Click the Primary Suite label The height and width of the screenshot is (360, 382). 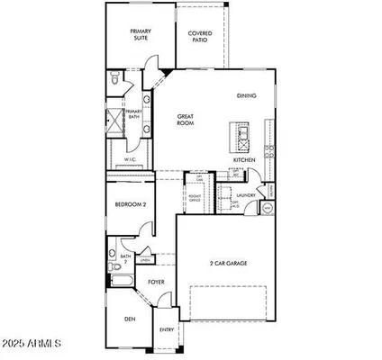point(140,34)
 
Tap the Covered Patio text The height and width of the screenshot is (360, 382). point(200,36)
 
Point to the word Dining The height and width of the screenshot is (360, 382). point(246,94)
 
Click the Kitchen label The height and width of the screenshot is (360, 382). point(245,159)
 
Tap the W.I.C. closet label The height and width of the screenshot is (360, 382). point(129,160)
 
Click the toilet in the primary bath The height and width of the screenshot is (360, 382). point(113,82)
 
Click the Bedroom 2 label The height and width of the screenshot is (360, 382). point(130,205)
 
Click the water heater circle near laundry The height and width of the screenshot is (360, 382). point(267,209)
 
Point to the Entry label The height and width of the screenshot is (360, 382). point(167,329)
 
